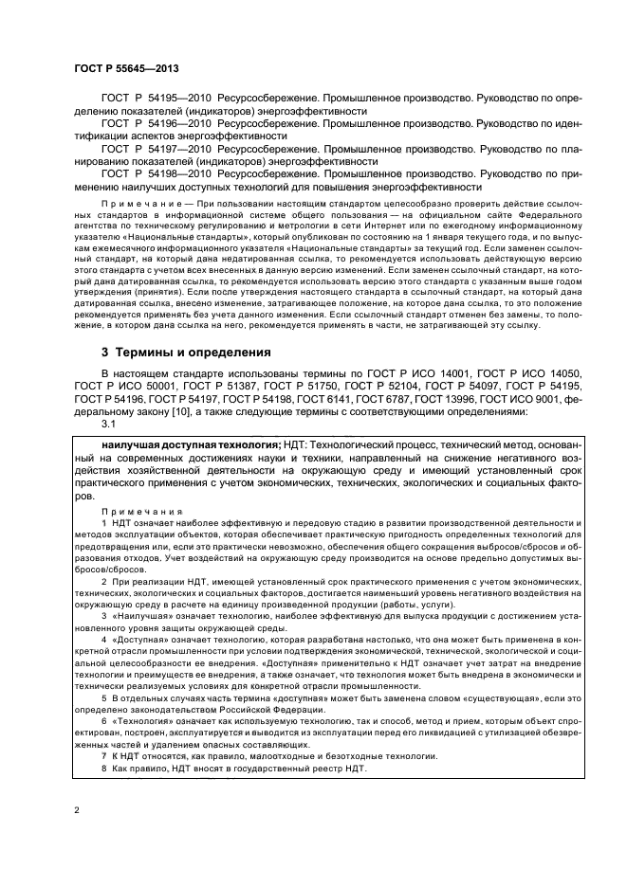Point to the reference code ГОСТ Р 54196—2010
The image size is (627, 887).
pyautogui.click(x=156, y=123)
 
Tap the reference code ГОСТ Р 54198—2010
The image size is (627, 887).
pyautogui.click(x=156, y=173)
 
